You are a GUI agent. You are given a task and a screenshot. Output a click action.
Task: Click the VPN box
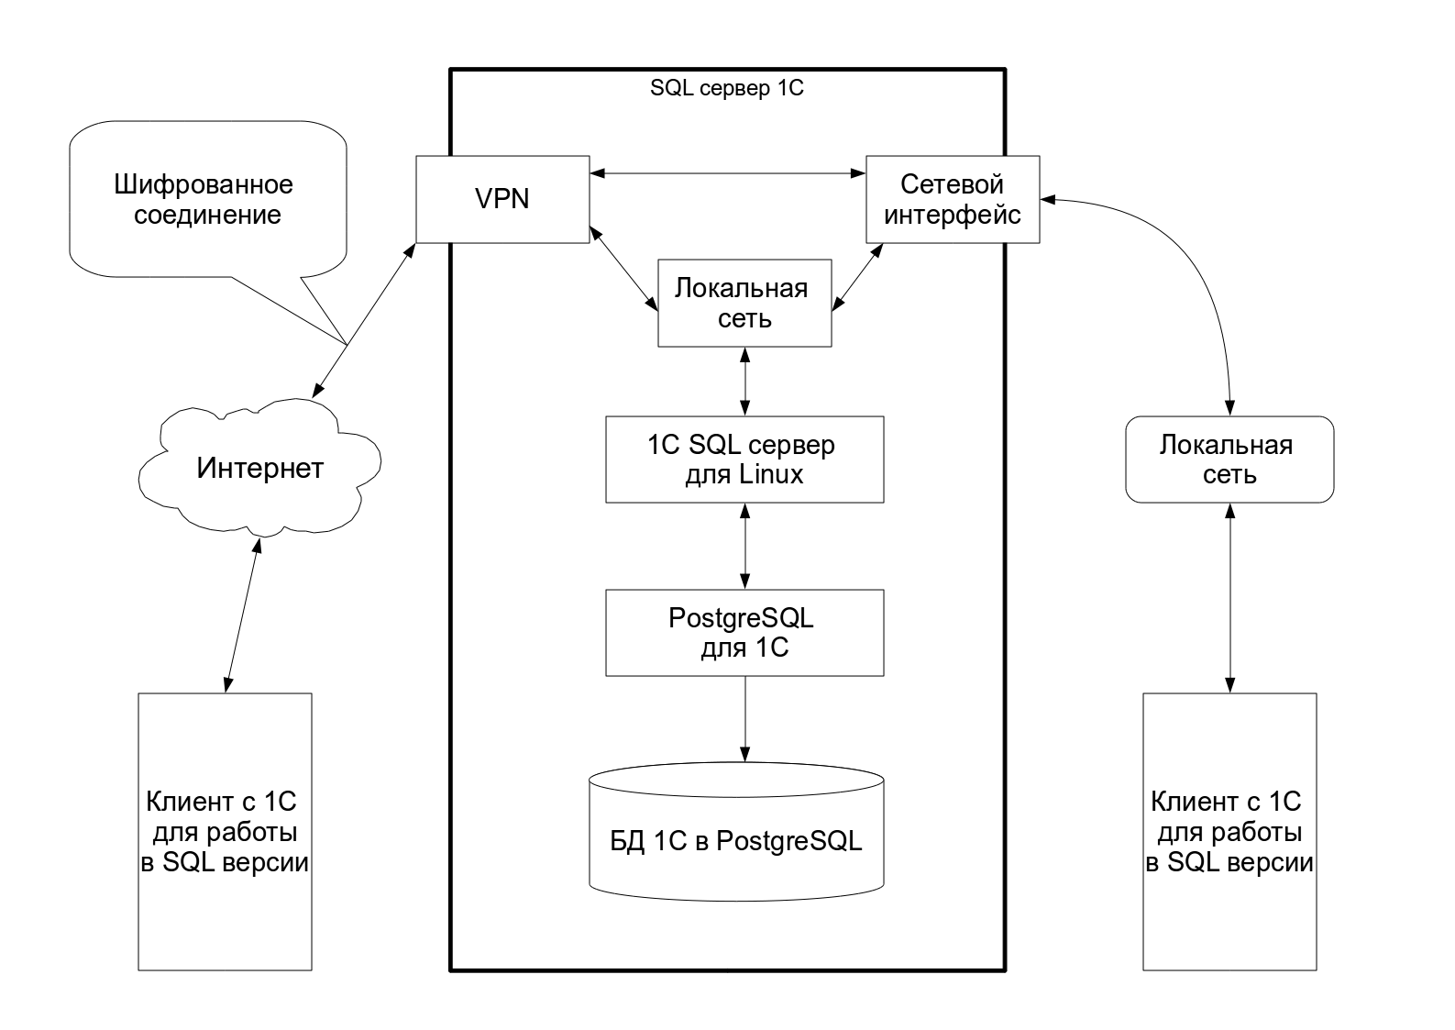click(502, 199)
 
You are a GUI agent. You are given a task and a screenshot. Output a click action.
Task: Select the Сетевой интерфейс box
click(953, 199)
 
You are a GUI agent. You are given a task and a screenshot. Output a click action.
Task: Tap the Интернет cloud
click(259, 469)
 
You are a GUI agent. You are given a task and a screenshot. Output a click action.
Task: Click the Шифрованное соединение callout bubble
click(204, 200)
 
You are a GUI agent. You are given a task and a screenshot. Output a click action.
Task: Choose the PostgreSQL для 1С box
click(744, 633)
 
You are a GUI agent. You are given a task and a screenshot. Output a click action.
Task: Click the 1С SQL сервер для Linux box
click(744, 460)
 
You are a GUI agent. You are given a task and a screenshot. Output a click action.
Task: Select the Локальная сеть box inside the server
click(744, 304)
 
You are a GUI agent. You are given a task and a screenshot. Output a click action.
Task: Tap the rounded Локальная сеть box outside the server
click(1229, 460)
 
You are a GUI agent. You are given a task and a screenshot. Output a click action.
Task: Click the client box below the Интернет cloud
click(225, 831)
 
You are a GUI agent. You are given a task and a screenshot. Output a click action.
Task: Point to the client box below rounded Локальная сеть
click(1229, 831)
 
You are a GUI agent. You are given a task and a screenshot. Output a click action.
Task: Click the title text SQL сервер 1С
click(726, 89)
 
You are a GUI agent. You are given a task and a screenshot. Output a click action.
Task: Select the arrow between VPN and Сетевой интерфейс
click(728, 172)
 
